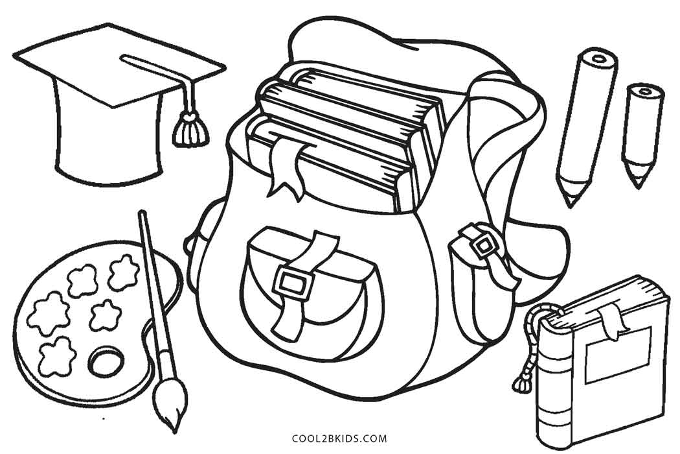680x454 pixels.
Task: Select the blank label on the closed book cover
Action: (618, 355)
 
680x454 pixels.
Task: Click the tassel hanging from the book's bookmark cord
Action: (521, 383)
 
